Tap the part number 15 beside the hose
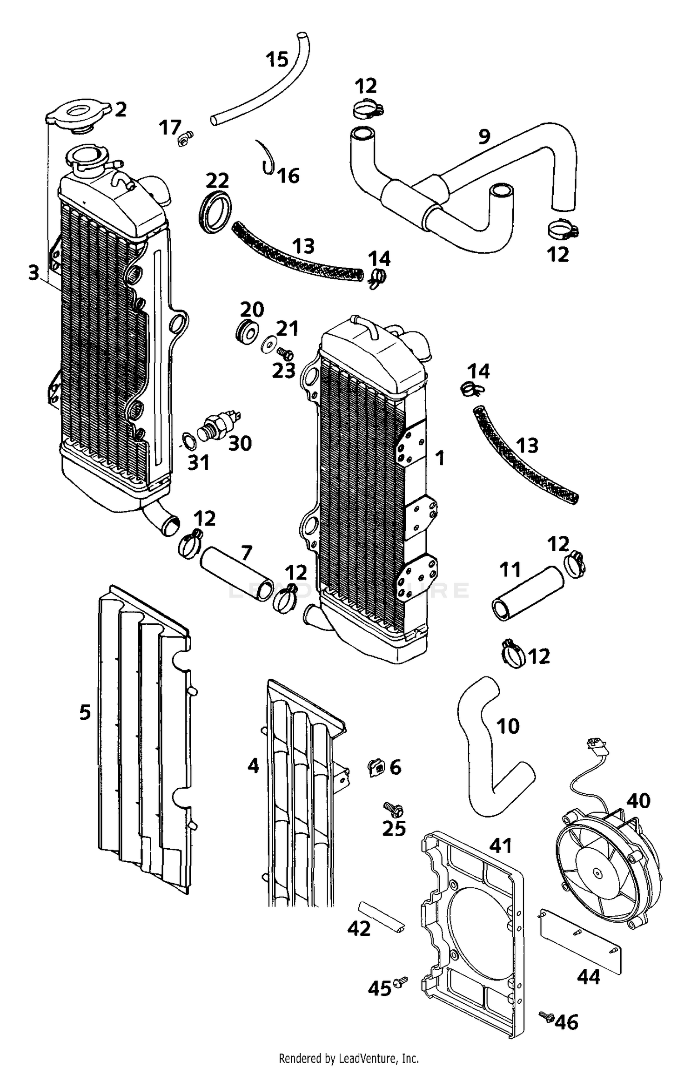277,59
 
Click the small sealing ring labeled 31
188,440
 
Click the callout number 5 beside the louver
85,712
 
